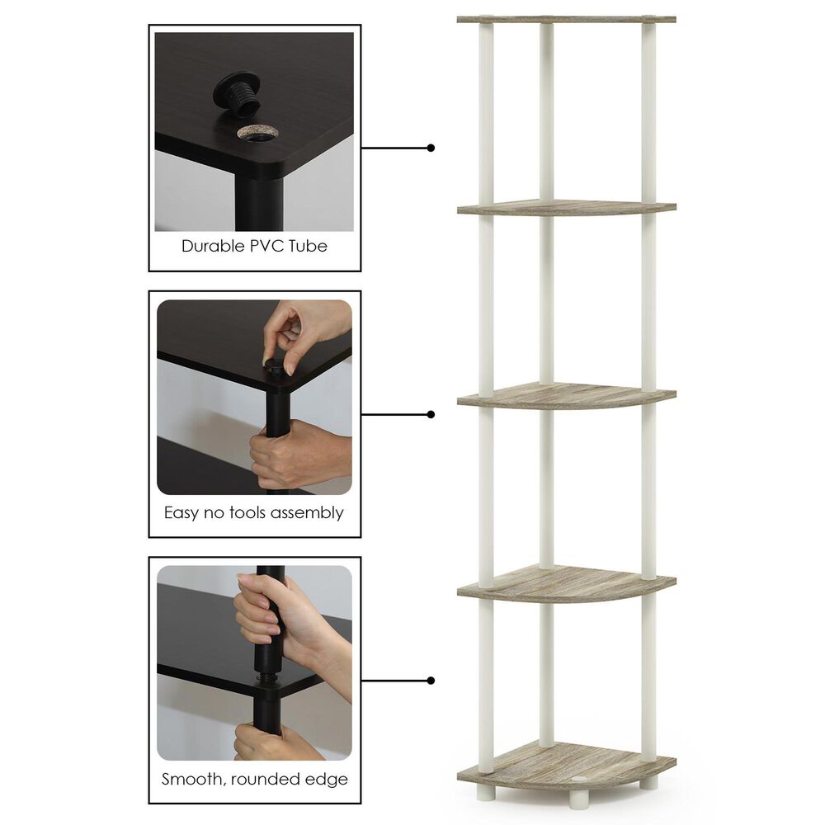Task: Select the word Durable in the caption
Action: coord(211,246)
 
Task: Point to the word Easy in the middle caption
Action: coord(181,513)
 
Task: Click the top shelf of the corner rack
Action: coord(566,18)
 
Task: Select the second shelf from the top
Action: coord(566,207)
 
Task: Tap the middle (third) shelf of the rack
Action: coord(566,395)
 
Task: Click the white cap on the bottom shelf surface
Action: coord(581,777)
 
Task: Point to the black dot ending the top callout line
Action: coord(431,148)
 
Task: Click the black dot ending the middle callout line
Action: coord(431,415)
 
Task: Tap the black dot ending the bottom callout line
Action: coord(431,681)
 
